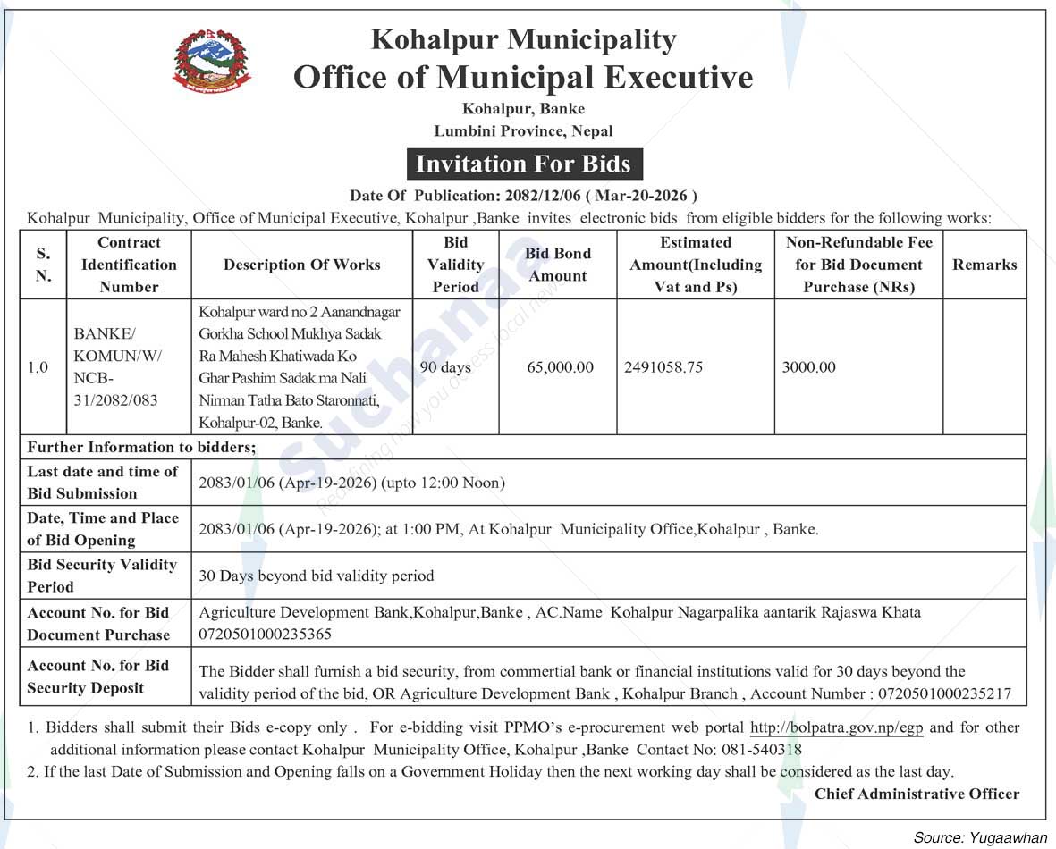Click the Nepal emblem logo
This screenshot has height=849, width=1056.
tap(211, 60)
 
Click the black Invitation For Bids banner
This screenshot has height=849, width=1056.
tap(523, 164)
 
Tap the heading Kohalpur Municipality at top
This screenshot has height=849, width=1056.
tap(523, 40)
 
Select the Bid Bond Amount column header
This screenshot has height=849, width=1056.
tap(558, 265)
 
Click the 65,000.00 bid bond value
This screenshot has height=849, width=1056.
tap(560, 367)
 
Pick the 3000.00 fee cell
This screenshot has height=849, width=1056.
tap(808, 367)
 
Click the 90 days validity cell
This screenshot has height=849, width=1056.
tap(445, 367)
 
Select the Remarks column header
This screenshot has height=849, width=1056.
tap(984, 265)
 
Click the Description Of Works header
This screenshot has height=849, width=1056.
tap(302, 265)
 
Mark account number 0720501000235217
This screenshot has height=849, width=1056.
tap(950, 693)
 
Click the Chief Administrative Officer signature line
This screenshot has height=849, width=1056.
tap(917, 794)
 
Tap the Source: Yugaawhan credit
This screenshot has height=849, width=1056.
tap(980, 837)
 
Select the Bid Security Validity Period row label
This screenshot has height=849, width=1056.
tap(103, 576)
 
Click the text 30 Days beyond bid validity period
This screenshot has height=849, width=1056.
tap(317, 576)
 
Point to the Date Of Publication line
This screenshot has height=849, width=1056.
tap(523, 196)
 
